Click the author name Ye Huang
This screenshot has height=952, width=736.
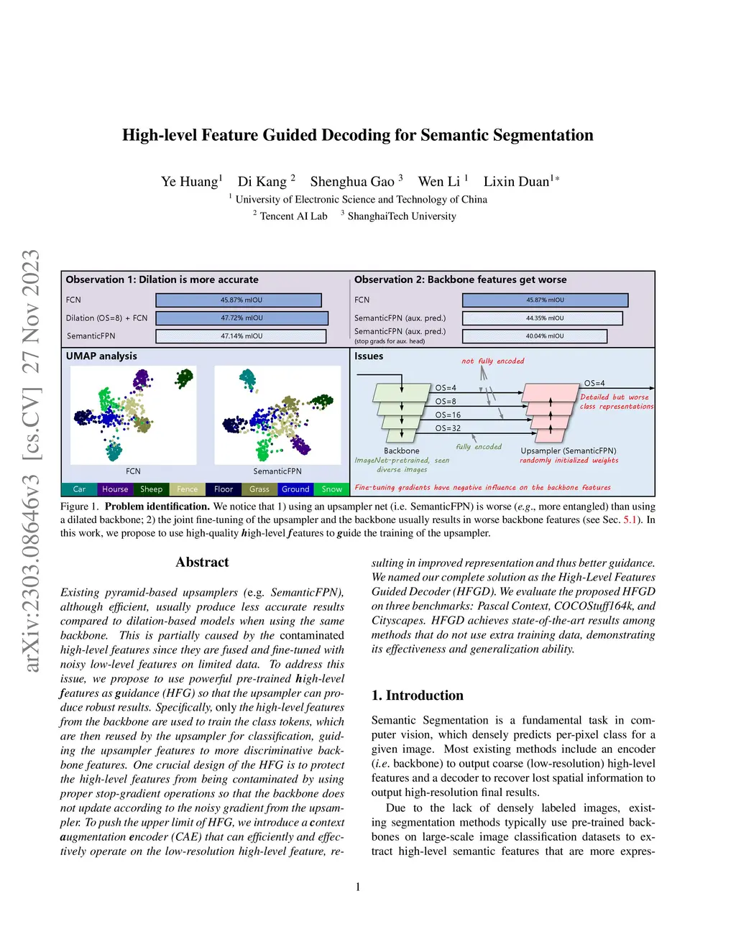coord(190,182)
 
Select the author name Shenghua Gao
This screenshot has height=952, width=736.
coord(352,182)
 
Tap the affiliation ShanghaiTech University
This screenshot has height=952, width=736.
coord(401,216)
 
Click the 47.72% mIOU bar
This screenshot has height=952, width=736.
coord(241,318)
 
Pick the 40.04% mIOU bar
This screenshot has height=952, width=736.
coord(535,336)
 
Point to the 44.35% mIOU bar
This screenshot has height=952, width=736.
coord(542,318)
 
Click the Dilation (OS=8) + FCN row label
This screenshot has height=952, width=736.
coord(106,318)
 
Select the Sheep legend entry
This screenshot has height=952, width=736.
coord(151,489)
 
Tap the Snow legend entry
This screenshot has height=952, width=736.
coord(331,489)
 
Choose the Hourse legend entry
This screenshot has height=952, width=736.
coord(115,489)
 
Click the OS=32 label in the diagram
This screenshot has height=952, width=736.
coord(448,428)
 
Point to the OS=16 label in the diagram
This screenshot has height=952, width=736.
coord(448,415)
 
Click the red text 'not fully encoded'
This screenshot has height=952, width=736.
coord(492,361)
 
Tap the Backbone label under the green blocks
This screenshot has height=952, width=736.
coord(401,450)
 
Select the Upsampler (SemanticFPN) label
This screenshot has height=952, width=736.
coord(568,450)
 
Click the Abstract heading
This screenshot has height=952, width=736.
coord(202,563)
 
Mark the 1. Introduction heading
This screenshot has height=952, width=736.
coord(417,695)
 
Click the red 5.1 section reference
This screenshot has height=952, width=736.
coord(630,519)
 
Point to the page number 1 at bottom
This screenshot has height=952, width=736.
coord(358,887)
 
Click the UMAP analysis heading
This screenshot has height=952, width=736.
coord(101,356)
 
